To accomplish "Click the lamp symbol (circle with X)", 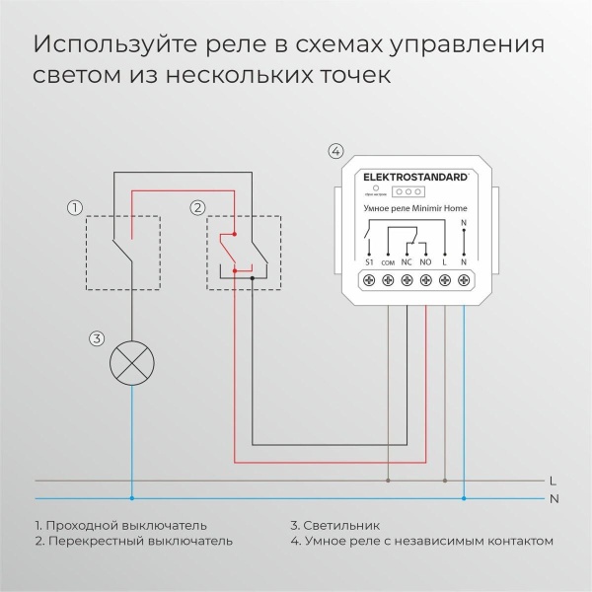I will click(x=131, y=362).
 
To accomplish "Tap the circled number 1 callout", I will click(x=73, y=207).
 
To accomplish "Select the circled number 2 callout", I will click(x=197, y=207).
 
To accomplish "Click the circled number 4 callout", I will click(x=335, y=152).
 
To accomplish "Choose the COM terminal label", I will click(x=388, y=264).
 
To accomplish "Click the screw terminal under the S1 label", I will click(x=369, y=281).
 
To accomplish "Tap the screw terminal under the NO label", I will click(x=426, y=281).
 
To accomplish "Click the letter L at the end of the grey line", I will click(x=552, y=481).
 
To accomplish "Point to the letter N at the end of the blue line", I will click(x=552, y=498).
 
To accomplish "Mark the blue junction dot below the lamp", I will click(x=131, y=498).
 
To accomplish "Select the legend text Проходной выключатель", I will click(x=127, y=526).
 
